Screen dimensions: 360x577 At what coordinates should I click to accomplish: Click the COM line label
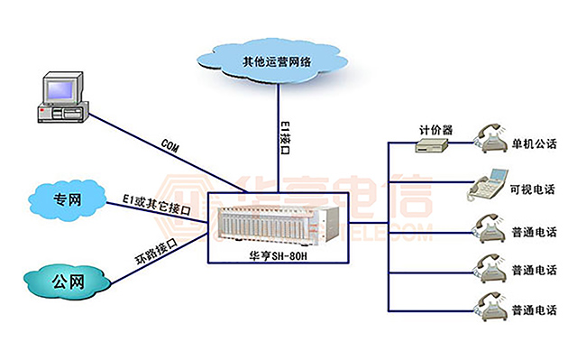pyautogui.click(x=168, y=144)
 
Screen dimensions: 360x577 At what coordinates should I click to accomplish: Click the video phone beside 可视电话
pyautogui.click(x=488, y=186)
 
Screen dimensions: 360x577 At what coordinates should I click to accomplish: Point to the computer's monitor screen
pyautogui.click(x=62, y=88)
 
